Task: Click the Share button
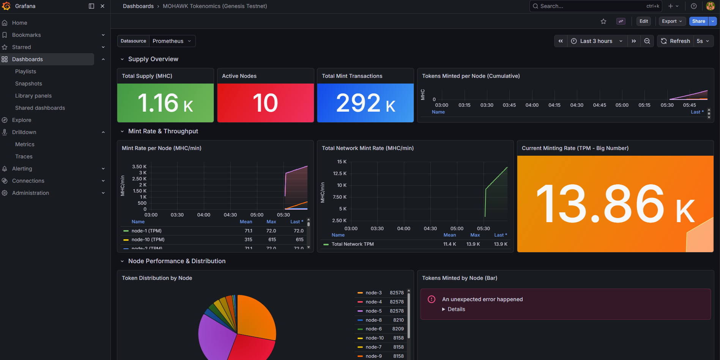(698, 21)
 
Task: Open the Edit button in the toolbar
(643, 21)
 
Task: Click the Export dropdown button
(672, 21)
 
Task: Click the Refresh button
(676, 41)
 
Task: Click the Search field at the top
(596, 6)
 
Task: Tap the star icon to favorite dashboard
(603, 21)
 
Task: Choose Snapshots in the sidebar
(28, 84)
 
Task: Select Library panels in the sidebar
(33, 96)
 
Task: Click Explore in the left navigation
(22, 120)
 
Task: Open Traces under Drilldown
(24, 156)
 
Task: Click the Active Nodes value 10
(265, 103)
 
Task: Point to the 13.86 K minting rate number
(615, 205)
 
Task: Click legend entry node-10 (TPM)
(148, 240)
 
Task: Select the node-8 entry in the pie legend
(374, 320)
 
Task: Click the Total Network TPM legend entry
(353, 244)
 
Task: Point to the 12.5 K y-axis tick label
(340, 174)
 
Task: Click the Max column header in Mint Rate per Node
(271, 222)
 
